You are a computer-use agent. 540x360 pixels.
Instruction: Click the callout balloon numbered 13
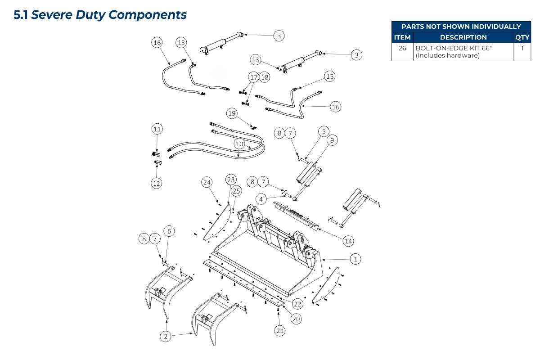(256, 59)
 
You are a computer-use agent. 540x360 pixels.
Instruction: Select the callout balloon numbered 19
(232, 113)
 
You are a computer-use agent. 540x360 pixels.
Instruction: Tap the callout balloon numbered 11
(157, 129)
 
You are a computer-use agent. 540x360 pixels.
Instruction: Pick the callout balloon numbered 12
(157, 183)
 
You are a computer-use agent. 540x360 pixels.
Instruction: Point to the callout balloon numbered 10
(239, 144)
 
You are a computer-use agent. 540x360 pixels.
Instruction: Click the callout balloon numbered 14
(348, 241)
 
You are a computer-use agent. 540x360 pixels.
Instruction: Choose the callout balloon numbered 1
(355, 259)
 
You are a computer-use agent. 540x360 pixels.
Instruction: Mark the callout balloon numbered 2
(166, 336)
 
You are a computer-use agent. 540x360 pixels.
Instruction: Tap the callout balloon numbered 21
(279, 331)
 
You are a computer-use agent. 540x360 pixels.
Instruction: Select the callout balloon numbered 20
(296, 319)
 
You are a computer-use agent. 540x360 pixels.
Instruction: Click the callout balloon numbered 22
(298, 304)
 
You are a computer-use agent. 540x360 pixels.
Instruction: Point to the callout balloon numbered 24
(207, 182)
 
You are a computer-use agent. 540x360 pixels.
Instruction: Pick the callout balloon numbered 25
(236, 191)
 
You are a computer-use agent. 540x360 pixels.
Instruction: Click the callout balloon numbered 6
(169, 231)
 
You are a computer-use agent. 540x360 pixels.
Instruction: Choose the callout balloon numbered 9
(332, 140)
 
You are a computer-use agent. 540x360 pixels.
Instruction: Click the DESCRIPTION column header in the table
(463, 38)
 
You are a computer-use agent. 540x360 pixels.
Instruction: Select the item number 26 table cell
(402, 48)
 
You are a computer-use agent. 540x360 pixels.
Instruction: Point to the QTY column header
(522, 38)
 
